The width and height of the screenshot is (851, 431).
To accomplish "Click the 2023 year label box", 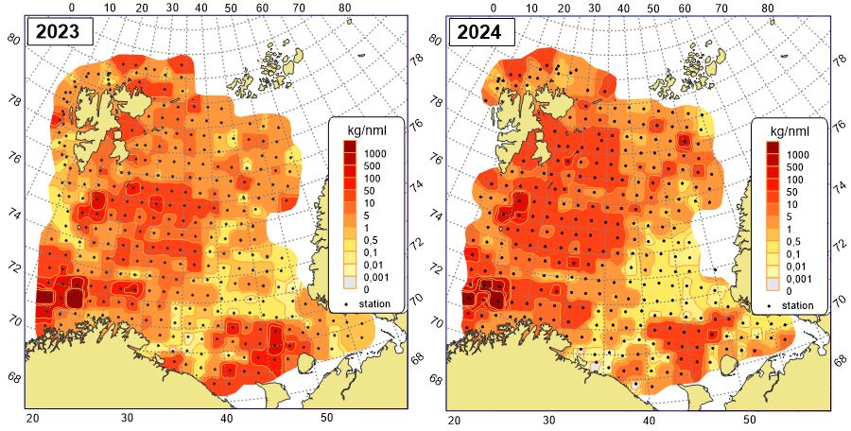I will coord(60,32).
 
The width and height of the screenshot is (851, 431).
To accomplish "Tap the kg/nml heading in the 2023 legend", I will coord(373,129).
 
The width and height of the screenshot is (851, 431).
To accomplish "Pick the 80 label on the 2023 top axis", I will coord(345,8).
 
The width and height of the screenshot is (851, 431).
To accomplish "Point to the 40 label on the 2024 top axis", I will coord(622,8).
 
